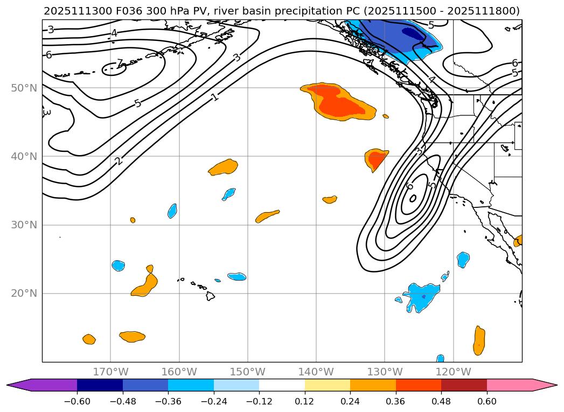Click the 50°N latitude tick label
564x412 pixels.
click(24, 88)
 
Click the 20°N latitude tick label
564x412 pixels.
click(24, 294)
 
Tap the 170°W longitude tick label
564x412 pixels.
click(110, 372)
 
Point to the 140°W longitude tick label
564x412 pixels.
click(316, 372)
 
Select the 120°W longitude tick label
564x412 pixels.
click(453, 372)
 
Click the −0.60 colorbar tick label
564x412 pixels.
click(77, 401)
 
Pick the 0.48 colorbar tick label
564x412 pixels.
click(441, 401)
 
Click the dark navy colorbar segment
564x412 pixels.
click(100, 385)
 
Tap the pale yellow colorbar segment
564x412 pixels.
click(328, 385)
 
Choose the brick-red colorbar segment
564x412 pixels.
click(464, 385)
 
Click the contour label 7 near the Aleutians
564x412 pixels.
click(120, 64)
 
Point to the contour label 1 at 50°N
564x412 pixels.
click(215, 97)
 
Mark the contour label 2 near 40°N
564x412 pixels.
click(119, 160)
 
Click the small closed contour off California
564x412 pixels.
click(413, 198)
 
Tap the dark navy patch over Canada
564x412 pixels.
click(413, 34)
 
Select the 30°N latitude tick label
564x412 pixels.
click(24, 225)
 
